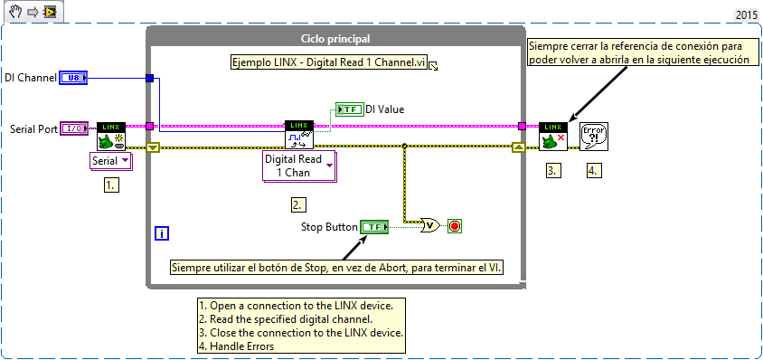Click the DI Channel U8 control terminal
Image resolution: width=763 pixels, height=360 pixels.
(x=73, y=79)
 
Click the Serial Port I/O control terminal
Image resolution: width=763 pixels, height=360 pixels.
(x=73, y=129)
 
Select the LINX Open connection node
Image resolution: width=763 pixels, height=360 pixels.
(x=110, y=136)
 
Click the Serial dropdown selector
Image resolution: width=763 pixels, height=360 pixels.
(x=110, y=161)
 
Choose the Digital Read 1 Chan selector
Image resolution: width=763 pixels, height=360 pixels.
(x=298, y=166)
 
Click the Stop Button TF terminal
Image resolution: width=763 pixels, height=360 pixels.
(x=373, y=226)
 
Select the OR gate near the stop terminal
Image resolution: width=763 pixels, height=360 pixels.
(x=430, y=226)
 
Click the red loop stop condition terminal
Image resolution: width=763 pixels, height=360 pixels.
(x=455, y=226)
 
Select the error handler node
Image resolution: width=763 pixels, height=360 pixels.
(x=593, y=136)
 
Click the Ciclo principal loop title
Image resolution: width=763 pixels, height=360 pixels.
(x=334, y=38)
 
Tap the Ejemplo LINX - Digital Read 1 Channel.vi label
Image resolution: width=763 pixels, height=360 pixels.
(x=327, y=63)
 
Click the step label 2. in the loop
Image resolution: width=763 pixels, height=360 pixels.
(x=298, y=204)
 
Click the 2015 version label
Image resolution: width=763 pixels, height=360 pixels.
(x=746, y=15)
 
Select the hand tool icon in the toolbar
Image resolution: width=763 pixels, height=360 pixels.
(x=15, y=12)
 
